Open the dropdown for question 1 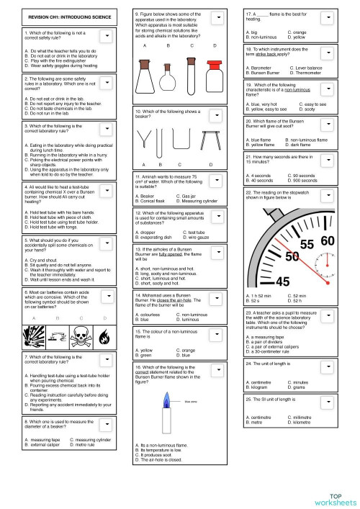[107, 34]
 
